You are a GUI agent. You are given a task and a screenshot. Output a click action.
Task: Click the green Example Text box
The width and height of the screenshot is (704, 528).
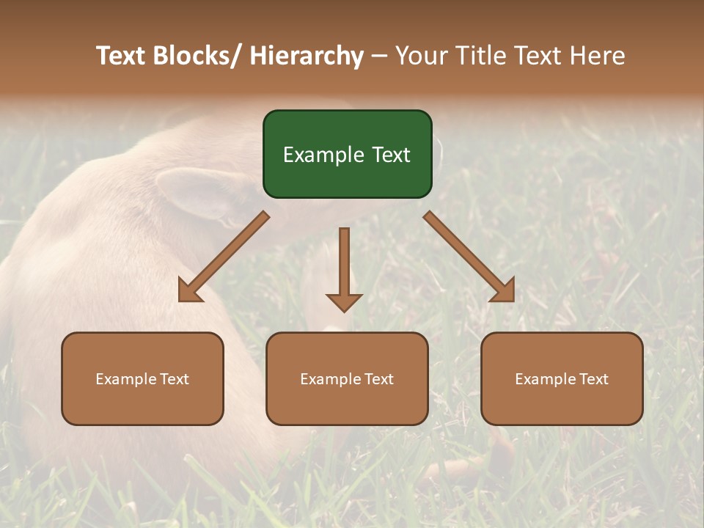[347, 154]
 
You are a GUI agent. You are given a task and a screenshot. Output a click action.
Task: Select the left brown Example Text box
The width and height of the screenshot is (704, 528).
[142, 378]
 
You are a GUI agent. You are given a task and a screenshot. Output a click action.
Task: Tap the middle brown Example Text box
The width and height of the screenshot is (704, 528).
[347, 378]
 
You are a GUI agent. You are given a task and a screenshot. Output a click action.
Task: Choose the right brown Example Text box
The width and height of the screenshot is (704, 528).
[562, 378]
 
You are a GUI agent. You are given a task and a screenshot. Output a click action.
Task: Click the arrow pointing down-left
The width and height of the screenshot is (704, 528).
[224, 257]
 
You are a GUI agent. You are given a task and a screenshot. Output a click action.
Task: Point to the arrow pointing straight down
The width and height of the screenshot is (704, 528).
[344, 268]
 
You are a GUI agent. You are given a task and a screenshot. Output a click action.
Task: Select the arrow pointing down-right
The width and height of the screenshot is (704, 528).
[469, 257]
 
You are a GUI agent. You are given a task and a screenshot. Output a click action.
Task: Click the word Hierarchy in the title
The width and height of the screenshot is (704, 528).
[307, 56]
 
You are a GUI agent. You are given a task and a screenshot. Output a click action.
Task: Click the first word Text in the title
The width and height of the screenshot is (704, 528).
[122, 56]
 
